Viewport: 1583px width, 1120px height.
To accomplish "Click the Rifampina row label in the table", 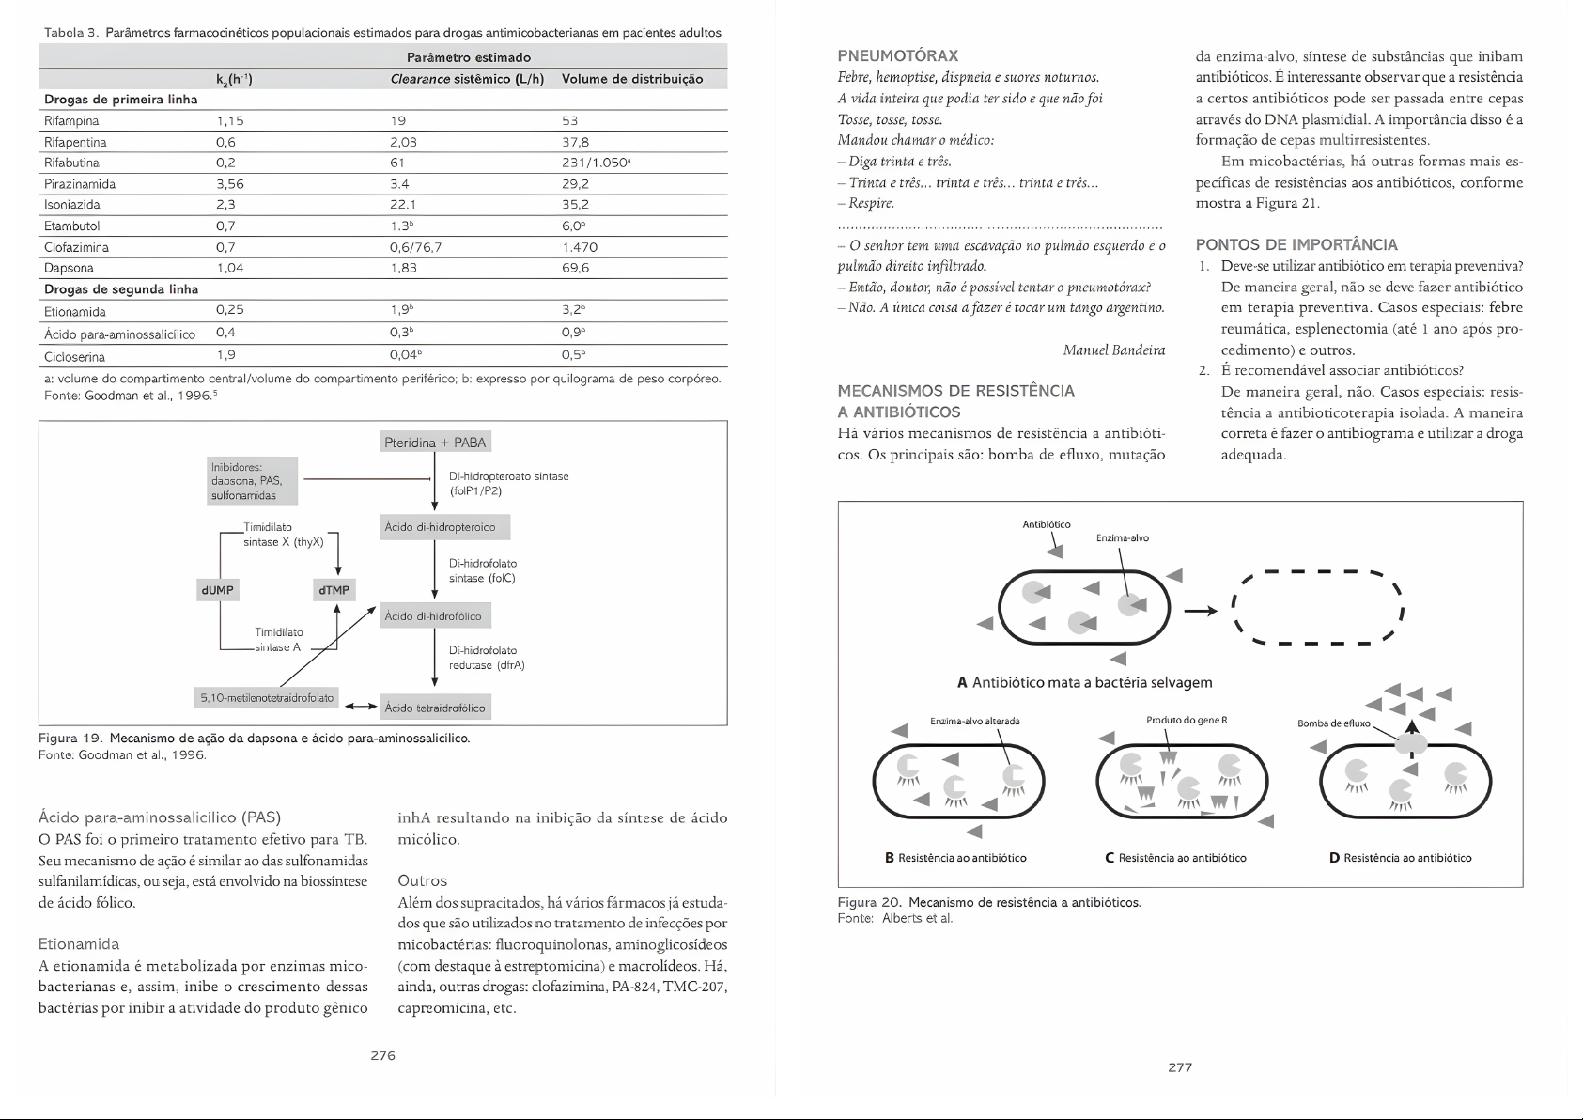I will coord(71,121).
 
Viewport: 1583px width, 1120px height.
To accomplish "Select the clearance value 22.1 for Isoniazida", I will coord(403,205).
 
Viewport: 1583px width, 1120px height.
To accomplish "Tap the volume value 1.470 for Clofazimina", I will coord(580,248).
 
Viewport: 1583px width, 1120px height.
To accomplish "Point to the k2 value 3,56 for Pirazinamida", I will coord(230,184).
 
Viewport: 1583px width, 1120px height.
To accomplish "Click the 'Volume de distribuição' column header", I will coord(632,79).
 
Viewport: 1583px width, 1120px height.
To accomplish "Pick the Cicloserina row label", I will coord(74,357).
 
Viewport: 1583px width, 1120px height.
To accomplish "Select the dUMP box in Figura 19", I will coord(218,590).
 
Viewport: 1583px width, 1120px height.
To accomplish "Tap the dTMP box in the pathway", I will coord(334,590).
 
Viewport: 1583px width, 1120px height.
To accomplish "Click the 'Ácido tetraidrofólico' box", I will coord(435,708).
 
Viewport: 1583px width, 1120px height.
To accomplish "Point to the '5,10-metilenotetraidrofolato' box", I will coord(267,698).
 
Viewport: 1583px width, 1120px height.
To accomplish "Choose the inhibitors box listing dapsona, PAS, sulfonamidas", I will coord(253,480).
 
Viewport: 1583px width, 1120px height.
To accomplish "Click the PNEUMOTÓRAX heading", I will coord(897,56).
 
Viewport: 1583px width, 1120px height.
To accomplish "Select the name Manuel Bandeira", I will coord(1113,350).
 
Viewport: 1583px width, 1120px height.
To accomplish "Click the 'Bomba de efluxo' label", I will coord(1333,723).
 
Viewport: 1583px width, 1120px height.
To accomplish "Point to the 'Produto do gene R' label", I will coord(1187,721).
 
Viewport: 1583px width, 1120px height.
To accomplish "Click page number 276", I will coord(382,1055).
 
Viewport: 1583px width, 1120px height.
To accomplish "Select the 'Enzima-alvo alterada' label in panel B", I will coord(974,722).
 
